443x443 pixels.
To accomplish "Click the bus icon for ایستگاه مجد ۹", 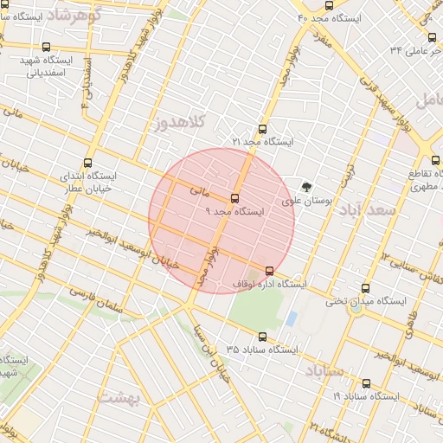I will tap(234, 198).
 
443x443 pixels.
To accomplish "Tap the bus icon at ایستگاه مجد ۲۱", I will tap(263, 128).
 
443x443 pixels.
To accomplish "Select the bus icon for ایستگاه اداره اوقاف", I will tap(269, 271).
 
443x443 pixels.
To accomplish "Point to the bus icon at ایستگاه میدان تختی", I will tap(364, 289).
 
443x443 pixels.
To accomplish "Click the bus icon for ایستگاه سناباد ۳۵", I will tap(262, 337).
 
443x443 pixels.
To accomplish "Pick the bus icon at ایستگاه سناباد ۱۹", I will tap(364, 383).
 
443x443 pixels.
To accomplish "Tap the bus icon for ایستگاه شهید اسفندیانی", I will tap(46, 48).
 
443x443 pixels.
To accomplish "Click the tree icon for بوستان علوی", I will tap(306, 186).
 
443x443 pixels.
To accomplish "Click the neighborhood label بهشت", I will tap(119, 397).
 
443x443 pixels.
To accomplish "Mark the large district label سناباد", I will tap(324, 370).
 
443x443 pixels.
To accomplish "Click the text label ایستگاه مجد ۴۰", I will tap(334, 17).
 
